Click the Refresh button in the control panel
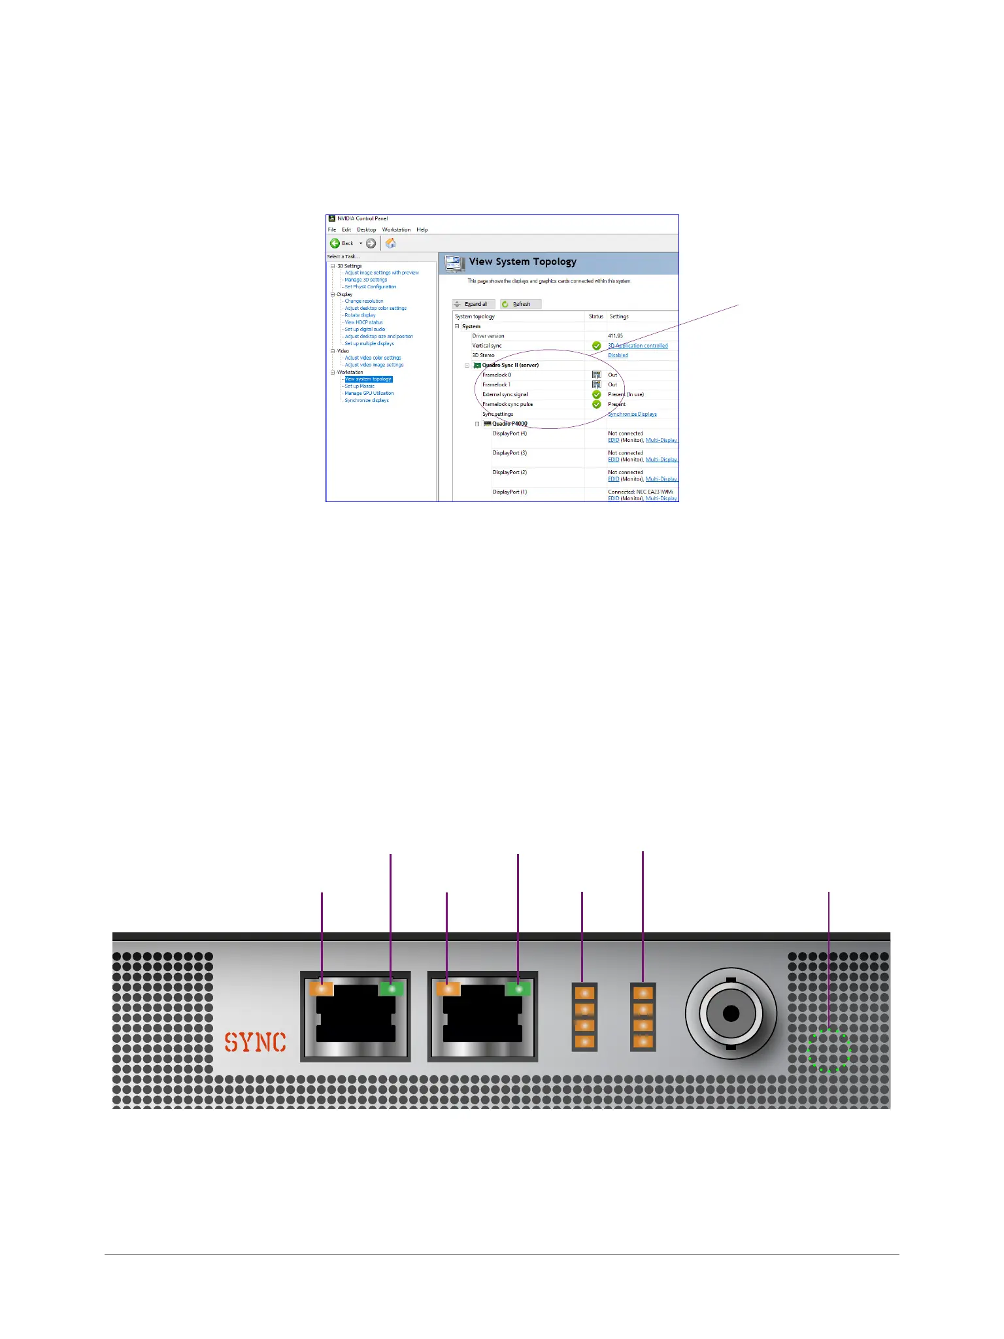tap(520, 304)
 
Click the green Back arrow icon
tap(335, 243)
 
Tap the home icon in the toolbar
tap(391, 243)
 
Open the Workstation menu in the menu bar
tap(396, 229)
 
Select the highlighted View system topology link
tap(368, 379)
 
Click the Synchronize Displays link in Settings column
tap(632, 414)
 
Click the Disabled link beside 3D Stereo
tap(618, 355)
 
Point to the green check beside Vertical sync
tap(596, 345)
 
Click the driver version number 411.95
tap(615, 335)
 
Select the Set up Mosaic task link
tap(360, 386)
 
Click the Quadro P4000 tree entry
tap(509, 424)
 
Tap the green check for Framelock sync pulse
tap(596, 404)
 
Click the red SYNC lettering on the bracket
tap(256, 1042)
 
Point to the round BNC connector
tap(731, 1013)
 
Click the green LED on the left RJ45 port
tap(392, 989)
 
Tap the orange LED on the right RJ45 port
tap(448, 989)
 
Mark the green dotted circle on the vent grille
tap(829, 1051)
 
